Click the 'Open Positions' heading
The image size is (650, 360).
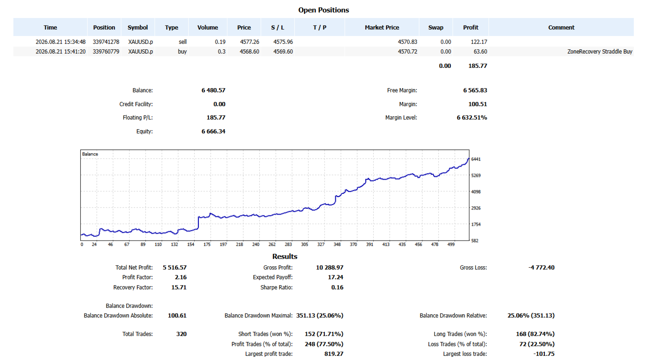[x=323, y=10]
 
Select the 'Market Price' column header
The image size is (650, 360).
[x=382, y=28]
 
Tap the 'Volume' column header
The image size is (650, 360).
[x=208, y=28]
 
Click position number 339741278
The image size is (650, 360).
[x=106, y=42]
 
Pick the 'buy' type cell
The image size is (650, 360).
[x=182, y=52]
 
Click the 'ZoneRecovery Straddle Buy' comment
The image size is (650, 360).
[x=600, y=52]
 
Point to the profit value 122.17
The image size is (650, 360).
[x=479, y=42]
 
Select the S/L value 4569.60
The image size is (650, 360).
[x=283, y=52]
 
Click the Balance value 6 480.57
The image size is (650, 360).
[x=213, y=90]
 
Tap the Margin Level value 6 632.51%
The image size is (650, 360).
[x=472, y=118]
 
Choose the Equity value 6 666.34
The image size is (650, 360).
[x=213, y=131]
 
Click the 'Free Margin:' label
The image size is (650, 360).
[x=402, y=90]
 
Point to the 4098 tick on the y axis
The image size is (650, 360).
[x=476, y=192]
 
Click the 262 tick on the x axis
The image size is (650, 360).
[x=272, y=245]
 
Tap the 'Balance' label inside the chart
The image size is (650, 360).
[x=90, y=154]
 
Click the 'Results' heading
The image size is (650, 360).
[x=285, y=256]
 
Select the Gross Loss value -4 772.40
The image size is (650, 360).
[x=541, y=267]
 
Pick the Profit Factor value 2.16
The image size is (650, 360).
[x=180, y=277]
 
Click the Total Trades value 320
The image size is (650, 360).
[x=181, y=334]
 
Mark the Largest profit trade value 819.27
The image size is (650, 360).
[x=334, y=354]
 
